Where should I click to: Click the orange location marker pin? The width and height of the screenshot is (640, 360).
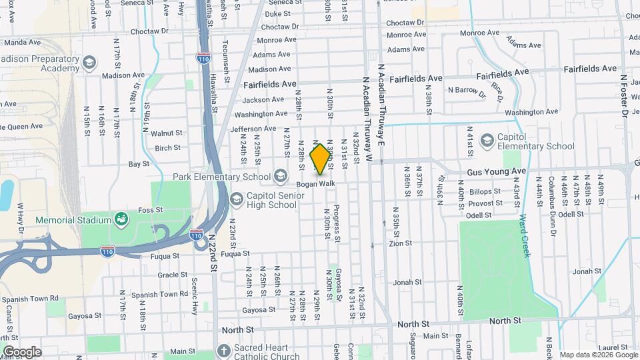pyautogui.click(x=320, y=158)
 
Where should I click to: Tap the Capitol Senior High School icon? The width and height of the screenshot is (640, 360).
pyautogui.click(x=236, y=199)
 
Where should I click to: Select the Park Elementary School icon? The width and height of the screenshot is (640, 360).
pyautogui.click(x=281, y=177)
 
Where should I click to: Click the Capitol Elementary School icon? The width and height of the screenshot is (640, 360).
pyautogui.click(x=487, y=140)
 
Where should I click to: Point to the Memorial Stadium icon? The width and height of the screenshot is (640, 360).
pyautogui.click(x=121, y=219)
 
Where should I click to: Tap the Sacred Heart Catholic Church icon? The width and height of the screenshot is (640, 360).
pyautogui.click(x=223, y=351)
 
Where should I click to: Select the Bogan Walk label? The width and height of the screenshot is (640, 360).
pyautogui.click(x=315, y=183)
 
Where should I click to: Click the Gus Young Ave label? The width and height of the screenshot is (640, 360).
pyautogui.click(x=497, y=171)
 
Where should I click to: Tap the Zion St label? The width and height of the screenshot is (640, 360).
pyautogui.click(x=401, y=244)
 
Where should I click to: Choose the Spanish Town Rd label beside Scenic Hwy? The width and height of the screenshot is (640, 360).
pyautogui.click(x=159, y=294)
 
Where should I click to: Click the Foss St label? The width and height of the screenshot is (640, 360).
pyautogui.click(x=150, y=210)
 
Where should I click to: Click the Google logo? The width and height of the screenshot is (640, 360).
pyautogui.click(x=21, y=351)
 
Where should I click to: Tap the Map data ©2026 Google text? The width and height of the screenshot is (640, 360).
pyautogui.click(x=597, y=354)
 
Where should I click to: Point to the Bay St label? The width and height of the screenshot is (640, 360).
pyautogui.click(x=139, y=163)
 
